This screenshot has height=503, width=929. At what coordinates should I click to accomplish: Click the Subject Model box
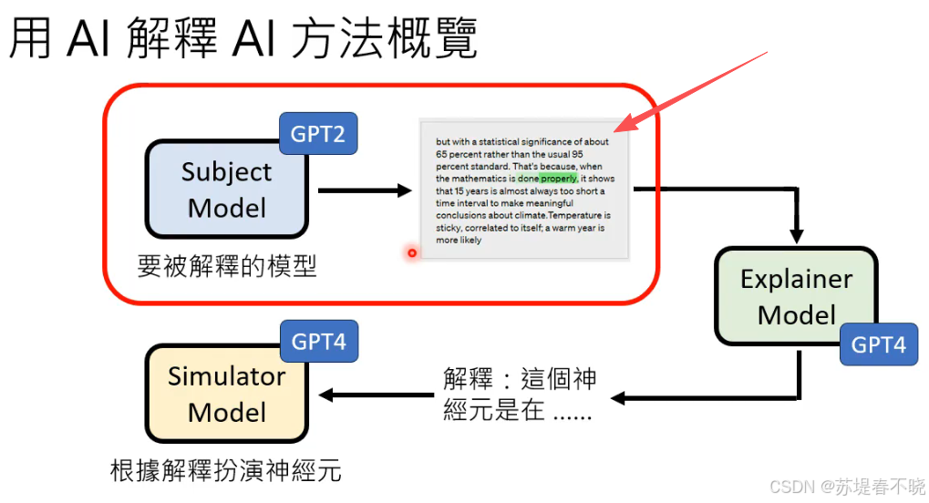click(226, 190)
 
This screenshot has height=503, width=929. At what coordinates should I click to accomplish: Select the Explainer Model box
click(796, 296)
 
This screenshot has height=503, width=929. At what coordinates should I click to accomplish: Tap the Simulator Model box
click(226, 394)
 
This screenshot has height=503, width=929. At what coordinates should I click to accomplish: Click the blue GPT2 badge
click(317, 134)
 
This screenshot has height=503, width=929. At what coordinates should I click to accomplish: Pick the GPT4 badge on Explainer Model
click(878, 344)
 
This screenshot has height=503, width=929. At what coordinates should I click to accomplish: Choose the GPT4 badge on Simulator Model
click(318, 342)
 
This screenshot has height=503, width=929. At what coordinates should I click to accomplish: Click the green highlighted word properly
click(559, 179)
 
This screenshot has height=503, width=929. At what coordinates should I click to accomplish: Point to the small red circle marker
click(412, 252)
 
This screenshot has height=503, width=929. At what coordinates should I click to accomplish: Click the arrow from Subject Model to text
click(365, 190)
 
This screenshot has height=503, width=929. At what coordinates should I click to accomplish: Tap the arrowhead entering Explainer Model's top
click(796, 236)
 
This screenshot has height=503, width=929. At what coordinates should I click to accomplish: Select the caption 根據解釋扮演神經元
click(225, 471)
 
